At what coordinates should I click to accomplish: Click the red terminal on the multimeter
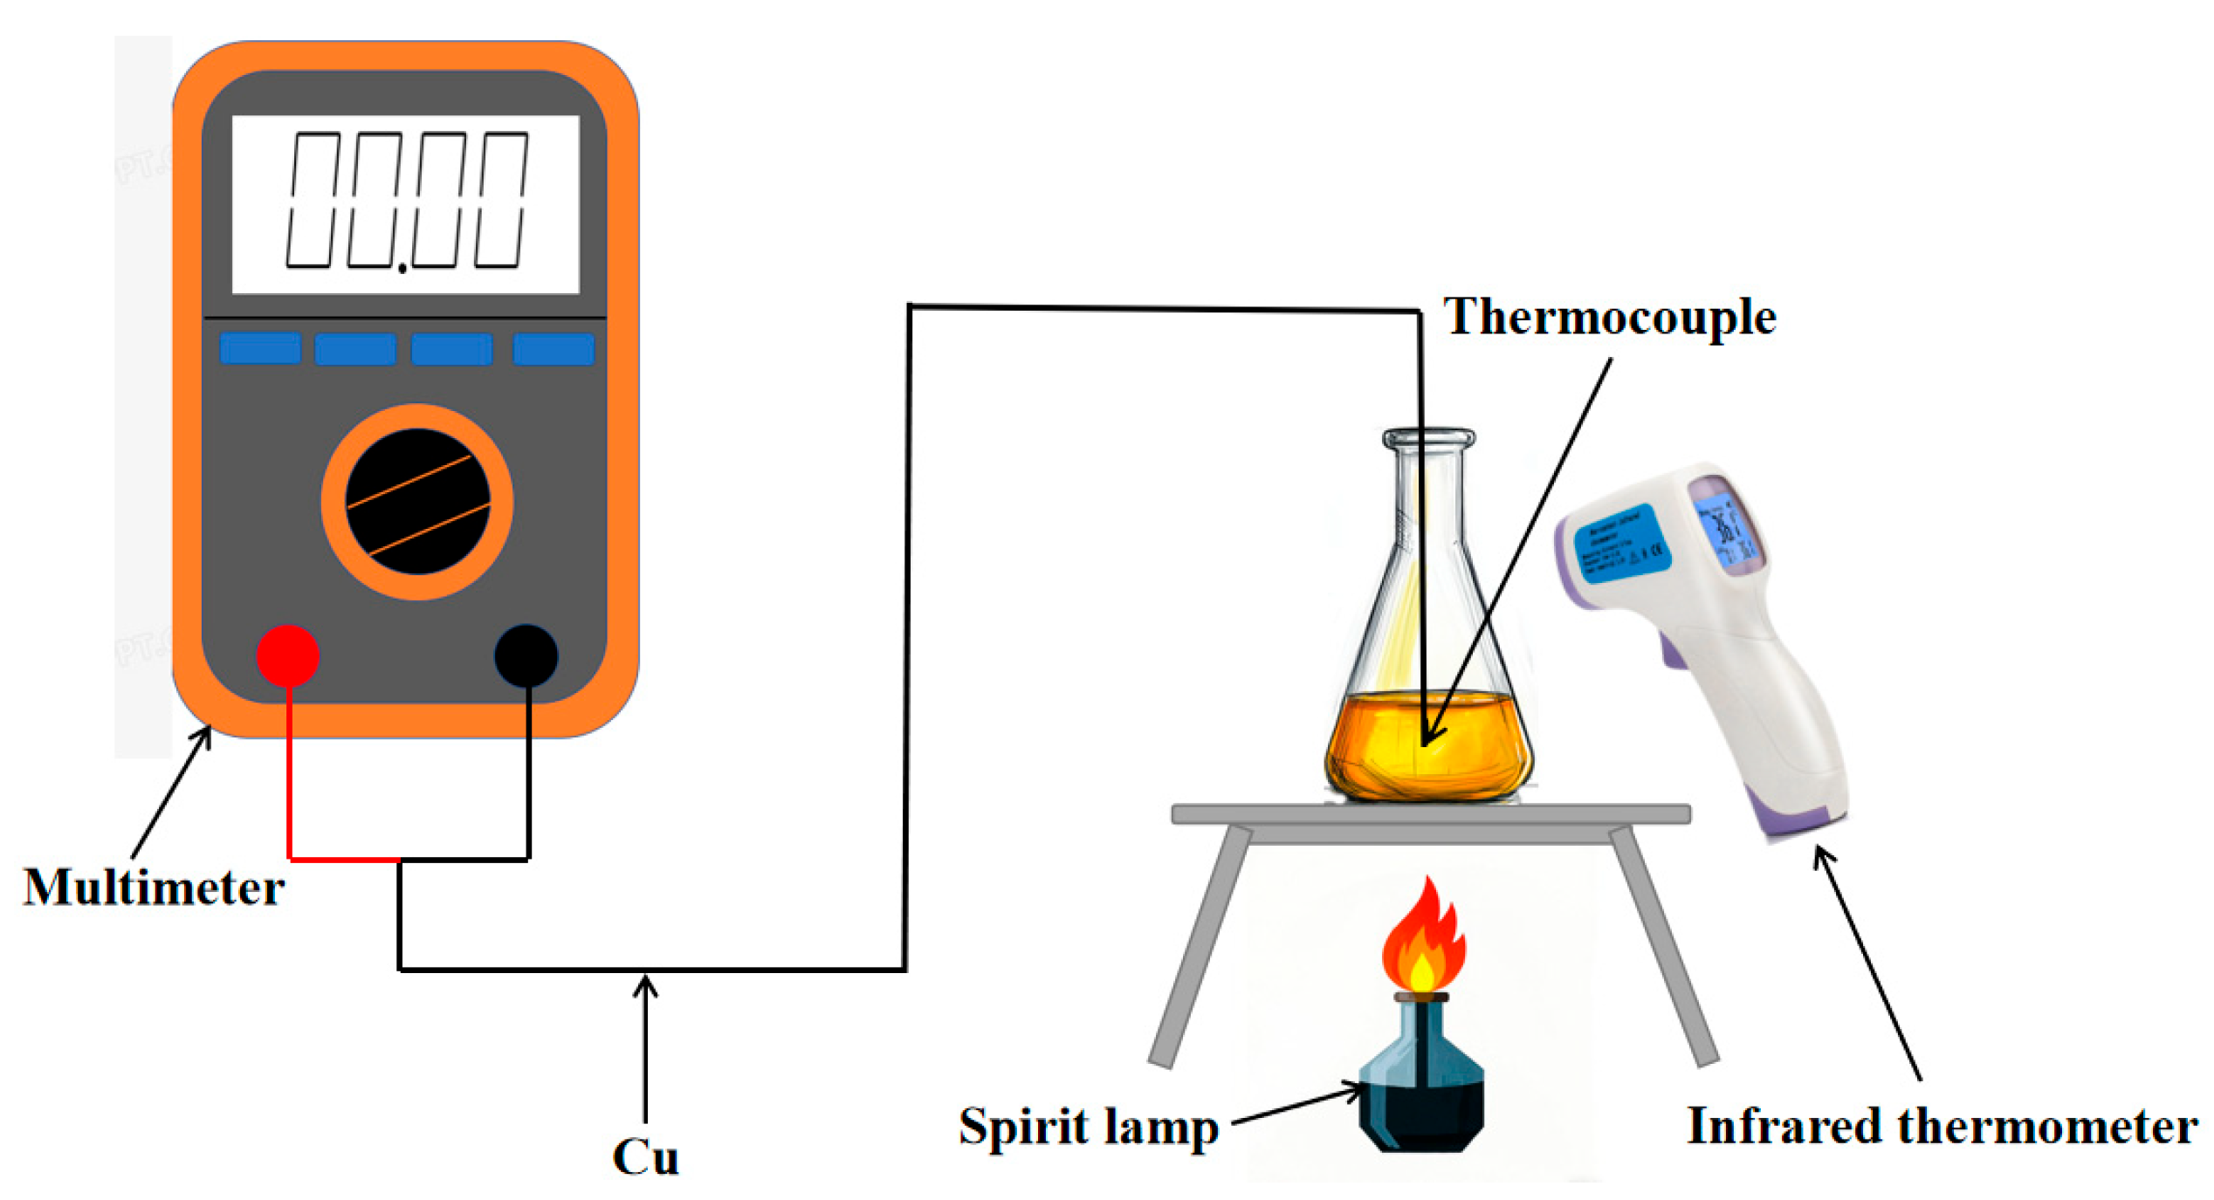[x=287, y=655]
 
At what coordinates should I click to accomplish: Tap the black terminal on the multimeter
[x=526, y=655]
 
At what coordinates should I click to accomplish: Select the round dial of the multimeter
[x=417, y=502]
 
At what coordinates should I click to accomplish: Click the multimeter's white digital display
[x=405, y=204]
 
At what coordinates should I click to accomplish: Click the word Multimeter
[x=154, y=888]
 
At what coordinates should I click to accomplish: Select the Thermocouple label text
[x=1609, y=316]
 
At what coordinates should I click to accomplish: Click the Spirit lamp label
[x=1089, y=1127]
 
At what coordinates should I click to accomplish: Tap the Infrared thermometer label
[x=1942, y=1126]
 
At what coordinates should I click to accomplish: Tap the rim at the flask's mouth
[x=1429, y=437]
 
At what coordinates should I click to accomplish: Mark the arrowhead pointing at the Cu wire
[x=645, y=984]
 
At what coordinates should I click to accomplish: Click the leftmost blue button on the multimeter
[x=260, y=348]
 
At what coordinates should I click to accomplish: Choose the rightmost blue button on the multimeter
[x=553, y=349]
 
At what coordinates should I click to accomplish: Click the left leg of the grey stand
[x=1200, y=947]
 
